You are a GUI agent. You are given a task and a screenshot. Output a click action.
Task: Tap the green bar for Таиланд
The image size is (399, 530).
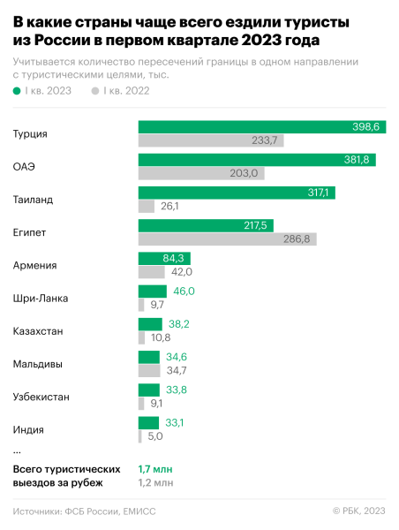coord(237,193)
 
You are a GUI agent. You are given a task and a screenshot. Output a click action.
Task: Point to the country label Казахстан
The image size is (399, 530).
coord(38,330)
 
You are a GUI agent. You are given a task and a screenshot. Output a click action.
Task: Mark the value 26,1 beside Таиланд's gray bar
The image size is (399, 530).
coord(169,206)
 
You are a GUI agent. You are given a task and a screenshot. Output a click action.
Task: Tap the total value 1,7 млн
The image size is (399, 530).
coord(156,468)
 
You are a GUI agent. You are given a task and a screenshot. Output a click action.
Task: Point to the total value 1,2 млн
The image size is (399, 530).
coord(156,482)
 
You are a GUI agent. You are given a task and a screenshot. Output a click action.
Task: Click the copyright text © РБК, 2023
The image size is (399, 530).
coord(358,511)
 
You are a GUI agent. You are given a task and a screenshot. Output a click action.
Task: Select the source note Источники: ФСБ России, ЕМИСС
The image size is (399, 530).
coord(85,511)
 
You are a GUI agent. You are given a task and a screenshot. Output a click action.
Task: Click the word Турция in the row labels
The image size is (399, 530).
coord(31,134)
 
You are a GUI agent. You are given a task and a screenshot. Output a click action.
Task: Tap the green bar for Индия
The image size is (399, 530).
coord(148,422)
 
